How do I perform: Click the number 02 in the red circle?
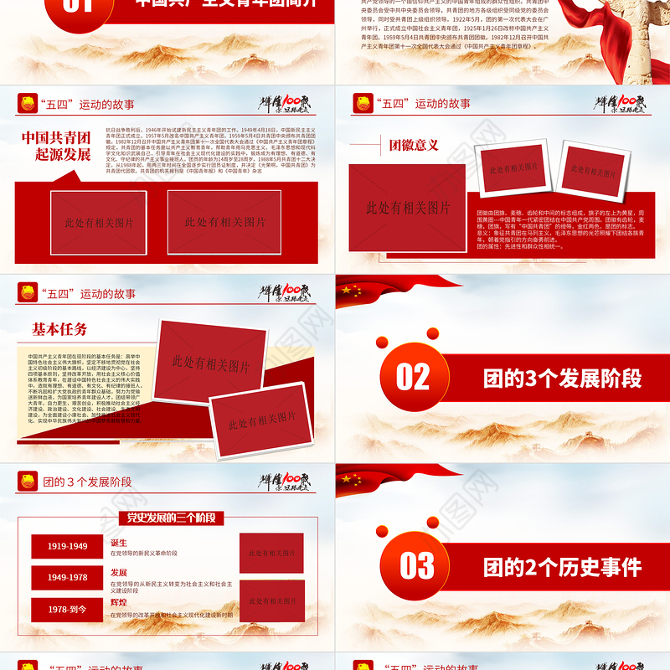tap(412, 378)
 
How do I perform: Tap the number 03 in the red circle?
tap(416, 566)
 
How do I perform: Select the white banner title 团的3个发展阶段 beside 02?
tap(563, 378)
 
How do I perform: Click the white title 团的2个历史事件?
tap(563, 567)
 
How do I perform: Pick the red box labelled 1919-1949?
tap(67, 546)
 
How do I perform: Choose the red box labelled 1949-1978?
tap(67, 578)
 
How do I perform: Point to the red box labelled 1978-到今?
tap(67, 610)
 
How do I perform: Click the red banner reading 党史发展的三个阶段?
tap(171, 518)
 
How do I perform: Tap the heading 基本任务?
tap(59, 329)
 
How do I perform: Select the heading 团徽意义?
tap(414, 145)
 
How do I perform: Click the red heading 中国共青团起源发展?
tap(56, 146)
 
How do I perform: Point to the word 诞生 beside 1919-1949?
tap(119, 543)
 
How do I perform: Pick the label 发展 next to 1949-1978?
tap(119, 572)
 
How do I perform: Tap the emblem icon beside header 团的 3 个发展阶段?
tap(27, 481)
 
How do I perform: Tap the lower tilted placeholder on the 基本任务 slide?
tap(261, 420)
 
